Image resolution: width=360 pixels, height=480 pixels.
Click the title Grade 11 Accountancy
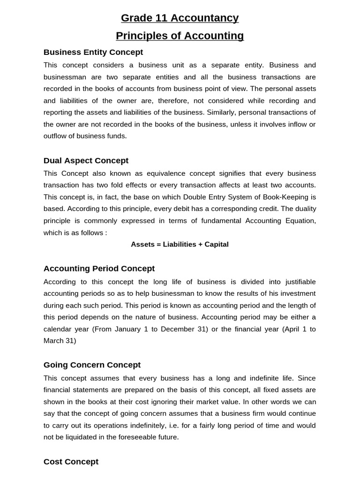click(180, 18)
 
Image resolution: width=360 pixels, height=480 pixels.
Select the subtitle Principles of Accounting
click(180, 36)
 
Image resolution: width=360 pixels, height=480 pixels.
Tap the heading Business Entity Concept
click(93, 52)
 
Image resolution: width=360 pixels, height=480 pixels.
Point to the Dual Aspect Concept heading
click(86, 161)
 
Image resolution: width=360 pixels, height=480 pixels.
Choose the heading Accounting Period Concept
click(99, 269)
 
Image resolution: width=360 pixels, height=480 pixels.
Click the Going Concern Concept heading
click(92, 365)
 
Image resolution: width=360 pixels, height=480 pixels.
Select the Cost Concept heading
click(71, 462)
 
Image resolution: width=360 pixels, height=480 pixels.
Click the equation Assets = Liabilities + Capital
click(180, 245)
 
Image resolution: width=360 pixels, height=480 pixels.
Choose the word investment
click(292, 293)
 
